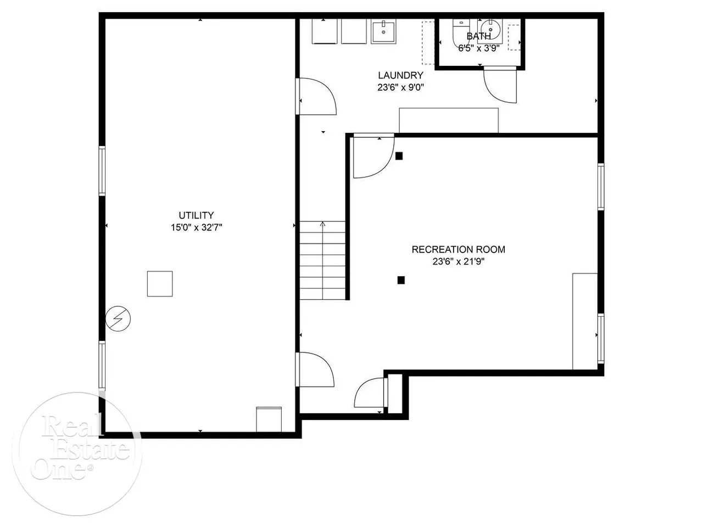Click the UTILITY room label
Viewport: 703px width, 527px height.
pos(196,215)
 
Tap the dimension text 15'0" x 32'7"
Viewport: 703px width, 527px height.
pos(196,227)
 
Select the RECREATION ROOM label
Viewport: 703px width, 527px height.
pos(458,249)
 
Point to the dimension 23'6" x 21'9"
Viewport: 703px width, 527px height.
pos(458,262)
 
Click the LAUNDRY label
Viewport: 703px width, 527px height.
pos(401,75)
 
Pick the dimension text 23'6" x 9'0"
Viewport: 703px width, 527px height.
pos(401,87)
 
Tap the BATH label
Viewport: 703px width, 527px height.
pos(478,36)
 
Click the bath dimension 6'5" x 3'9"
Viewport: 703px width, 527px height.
pos(478,48)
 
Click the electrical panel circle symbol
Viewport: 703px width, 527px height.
pos(118,319)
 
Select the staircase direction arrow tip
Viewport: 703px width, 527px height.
pos(322,222)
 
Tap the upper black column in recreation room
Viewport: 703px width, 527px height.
pos(399,156)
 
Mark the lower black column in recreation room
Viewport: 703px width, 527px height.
pos(401,280)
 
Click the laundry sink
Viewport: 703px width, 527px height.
pos(383,31)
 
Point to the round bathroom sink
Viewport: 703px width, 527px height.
pos(490,29)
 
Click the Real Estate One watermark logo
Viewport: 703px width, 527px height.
pos(77,454)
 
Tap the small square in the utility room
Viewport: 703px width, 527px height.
pos(160,284)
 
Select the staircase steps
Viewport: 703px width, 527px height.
pos(322,260)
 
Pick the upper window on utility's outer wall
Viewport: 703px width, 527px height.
pos(102,171)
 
